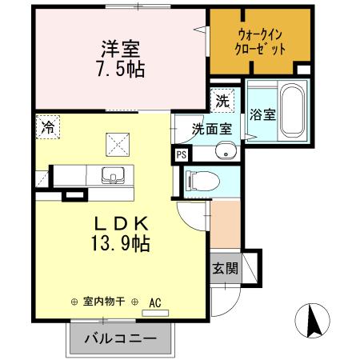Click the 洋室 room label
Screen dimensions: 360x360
pyautogui.click(x=117, y=48)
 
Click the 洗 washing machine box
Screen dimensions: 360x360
pyautogui.click(x=222, y=102)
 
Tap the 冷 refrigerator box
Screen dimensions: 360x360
pyautogui.click(x=48, y=126)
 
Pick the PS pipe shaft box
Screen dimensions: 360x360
pyautogui.click(x=180, y=155)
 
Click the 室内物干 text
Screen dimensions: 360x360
pyautogui.click(x=108, y=302)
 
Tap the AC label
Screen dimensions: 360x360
pyautogui.click(x=155, y=302)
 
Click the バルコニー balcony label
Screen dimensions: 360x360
pyautogui.click(x=120, y=338)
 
